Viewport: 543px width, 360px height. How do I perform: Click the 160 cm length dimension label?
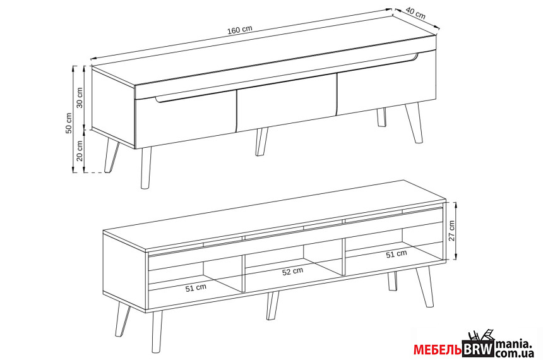pos(240,30)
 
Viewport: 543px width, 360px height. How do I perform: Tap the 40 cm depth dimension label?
pos(415,13)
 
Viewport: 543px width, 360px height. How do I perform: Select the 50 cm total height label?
pos(69,123)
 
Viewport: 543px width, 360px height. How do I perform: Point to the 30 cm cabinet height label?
pos(80,98)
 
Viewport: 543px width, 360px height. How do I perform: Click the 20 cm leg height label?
pos(80,150)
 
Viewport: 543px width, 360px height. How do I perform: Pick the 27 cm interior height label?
pos(451,231)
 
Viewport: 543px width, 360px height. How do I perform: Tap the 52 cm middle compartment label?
pos(292,272)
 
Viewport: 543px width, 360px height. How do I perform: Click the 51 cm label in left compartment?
pos(196,287)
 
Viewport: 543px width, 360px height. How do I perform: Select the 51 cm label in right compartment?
pos(397,255)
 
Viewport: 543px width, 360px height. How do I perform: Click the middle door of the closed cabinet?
pos(287,103)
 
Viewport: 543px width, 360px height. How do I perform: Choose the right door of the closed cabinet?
pos(386,83)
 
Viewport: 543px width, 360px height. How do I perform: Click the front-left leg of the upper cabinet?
pos(146,169)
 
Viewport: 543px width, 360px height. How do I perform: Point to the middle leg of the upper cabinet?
pos(261,142)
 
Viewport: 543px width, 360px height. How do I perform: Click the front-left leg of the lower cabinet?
pos(157,332)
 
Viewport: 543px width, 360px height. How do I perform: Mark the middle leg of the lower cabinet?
pos(272,306)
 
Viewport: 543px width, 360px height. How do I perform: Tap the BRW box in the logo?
pos(478,349)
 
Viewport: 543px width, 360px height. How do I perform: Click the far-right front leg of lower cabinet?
pos(425,287)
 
